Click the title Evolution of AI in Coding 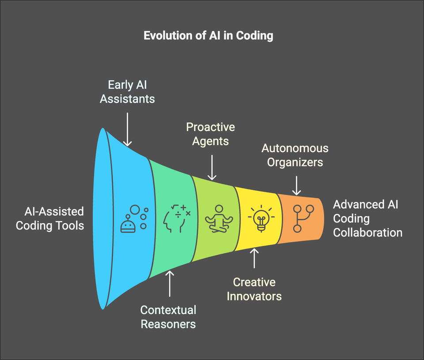point(208,36)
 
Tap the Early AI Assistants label point(127,91)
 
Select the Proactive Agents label point(210,134)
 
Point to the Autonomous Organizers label point(295,155)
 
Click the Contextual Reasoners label point(168,317)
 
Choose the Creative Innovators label point(254,289)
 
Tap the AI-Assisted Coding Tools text point(50,218)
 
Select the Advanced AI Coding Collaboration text point(367,218)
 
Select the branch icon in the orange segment point(303,218)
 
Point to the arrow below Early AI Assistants point(127,129)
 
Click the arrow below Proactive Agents point(212,167)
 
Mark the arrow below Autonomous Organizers point(296,185)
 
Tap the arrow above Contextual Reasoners point(170,285)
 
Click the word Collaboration point(367,232)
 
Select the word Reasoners point(168,324)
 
